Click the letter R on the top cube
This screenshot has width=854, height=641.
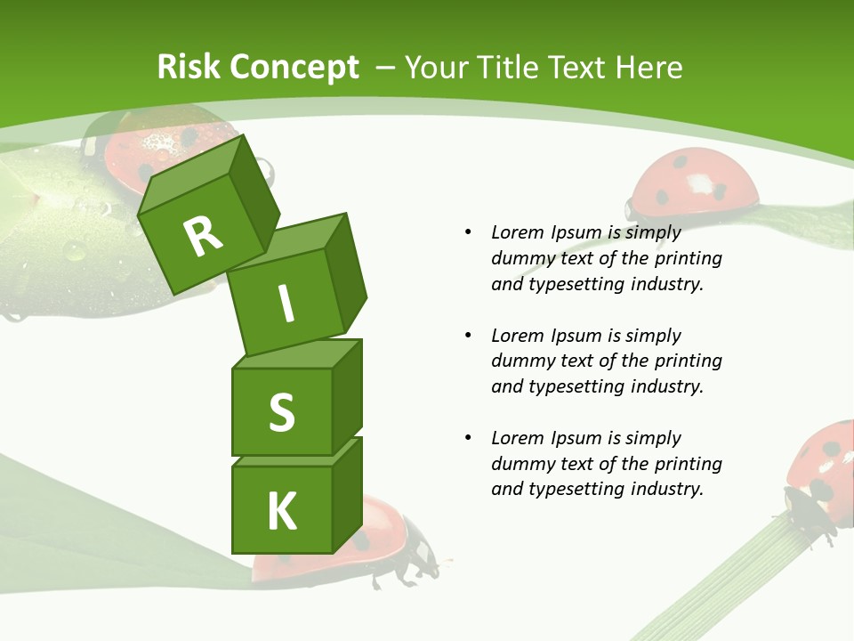pyautogui.click(x=203, y=236)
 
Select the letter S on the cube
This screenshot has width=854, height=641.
pyautogui.click(x=281, y=412)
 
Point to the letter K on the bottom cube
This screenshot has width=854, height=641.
pyautogui.click(x=282, y=512)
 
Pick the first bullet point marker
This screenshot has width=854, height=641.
pyautogui.click(x=468, y=232)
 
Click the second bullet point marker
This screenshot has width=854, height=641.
pyautogui.click(x=468, y=336)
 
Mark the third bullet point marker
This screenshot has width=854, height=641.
pyautogui.click(x=468, y=438)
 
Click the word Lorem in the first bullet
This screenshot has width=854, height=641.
pyautogui.click(x=517, y=232)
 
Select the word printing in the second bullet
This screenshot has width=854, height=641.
pyautogui.click(x=688, y=361)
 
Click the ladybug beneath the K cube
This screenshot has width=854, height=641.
pyautogui.click(x=391, y=543)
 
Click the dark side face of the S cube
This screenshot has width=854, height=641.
pyautogui.click(x=347, y=396)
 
